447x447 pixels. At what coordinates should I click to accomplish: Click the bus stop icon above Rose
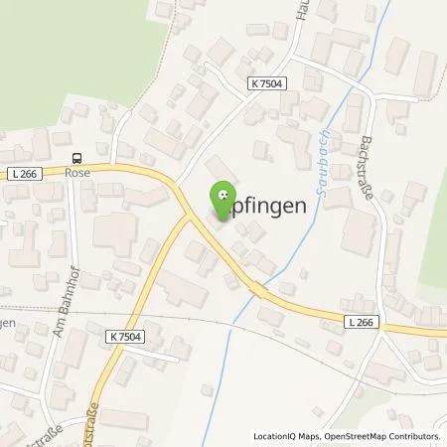(77, 158)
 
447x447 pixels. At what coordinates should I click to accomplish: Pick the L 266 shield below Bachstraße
(362, 323)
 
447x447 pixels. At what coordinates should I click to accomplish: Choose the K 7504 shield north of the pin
(268, 83)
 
